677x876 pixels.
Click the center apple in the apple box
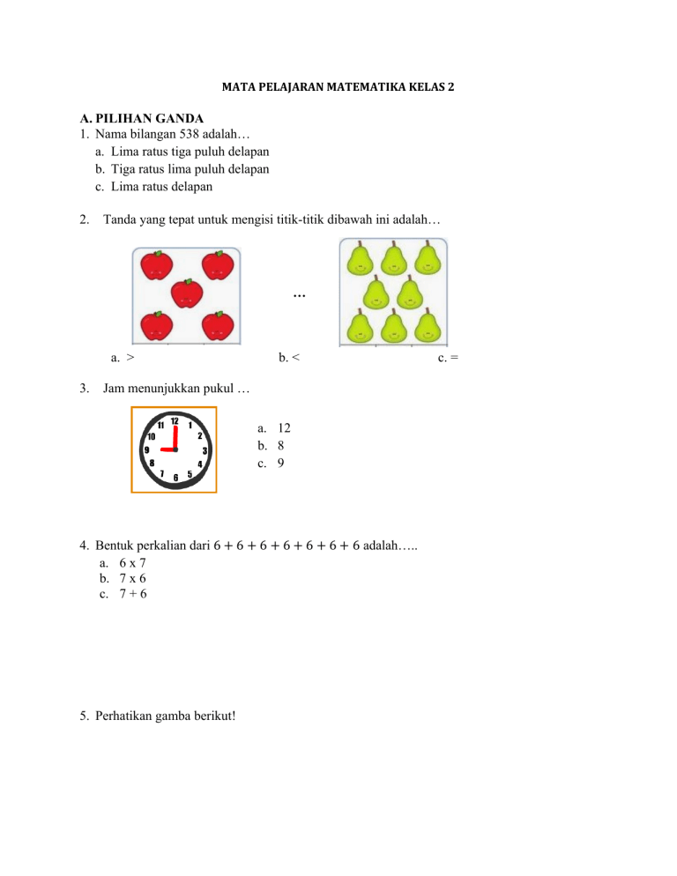[x=186, y=293]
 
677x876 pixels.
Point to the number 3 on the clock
[x=205, y=450]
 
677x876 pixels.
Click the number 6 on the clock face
[x=176, y=478]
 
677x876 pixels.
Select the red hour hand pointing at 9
[x=167, y=449]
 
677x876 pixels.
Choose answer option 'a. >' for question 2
[x=123, y=358]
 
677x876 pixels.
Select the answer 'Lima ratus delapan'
[x=161, y=187]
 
